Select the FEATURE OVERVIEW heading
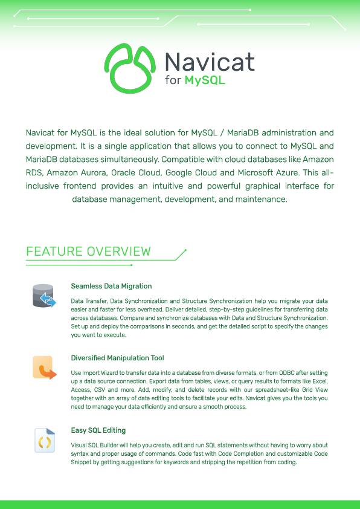(88, 251)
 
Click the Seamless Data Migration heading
(111, 286)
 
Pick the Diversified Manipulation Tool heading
(117, 358)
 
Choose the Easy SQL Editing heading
(98, 430)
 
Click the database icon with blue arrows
(44, 296)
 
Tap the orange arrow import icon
(45, 368)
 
